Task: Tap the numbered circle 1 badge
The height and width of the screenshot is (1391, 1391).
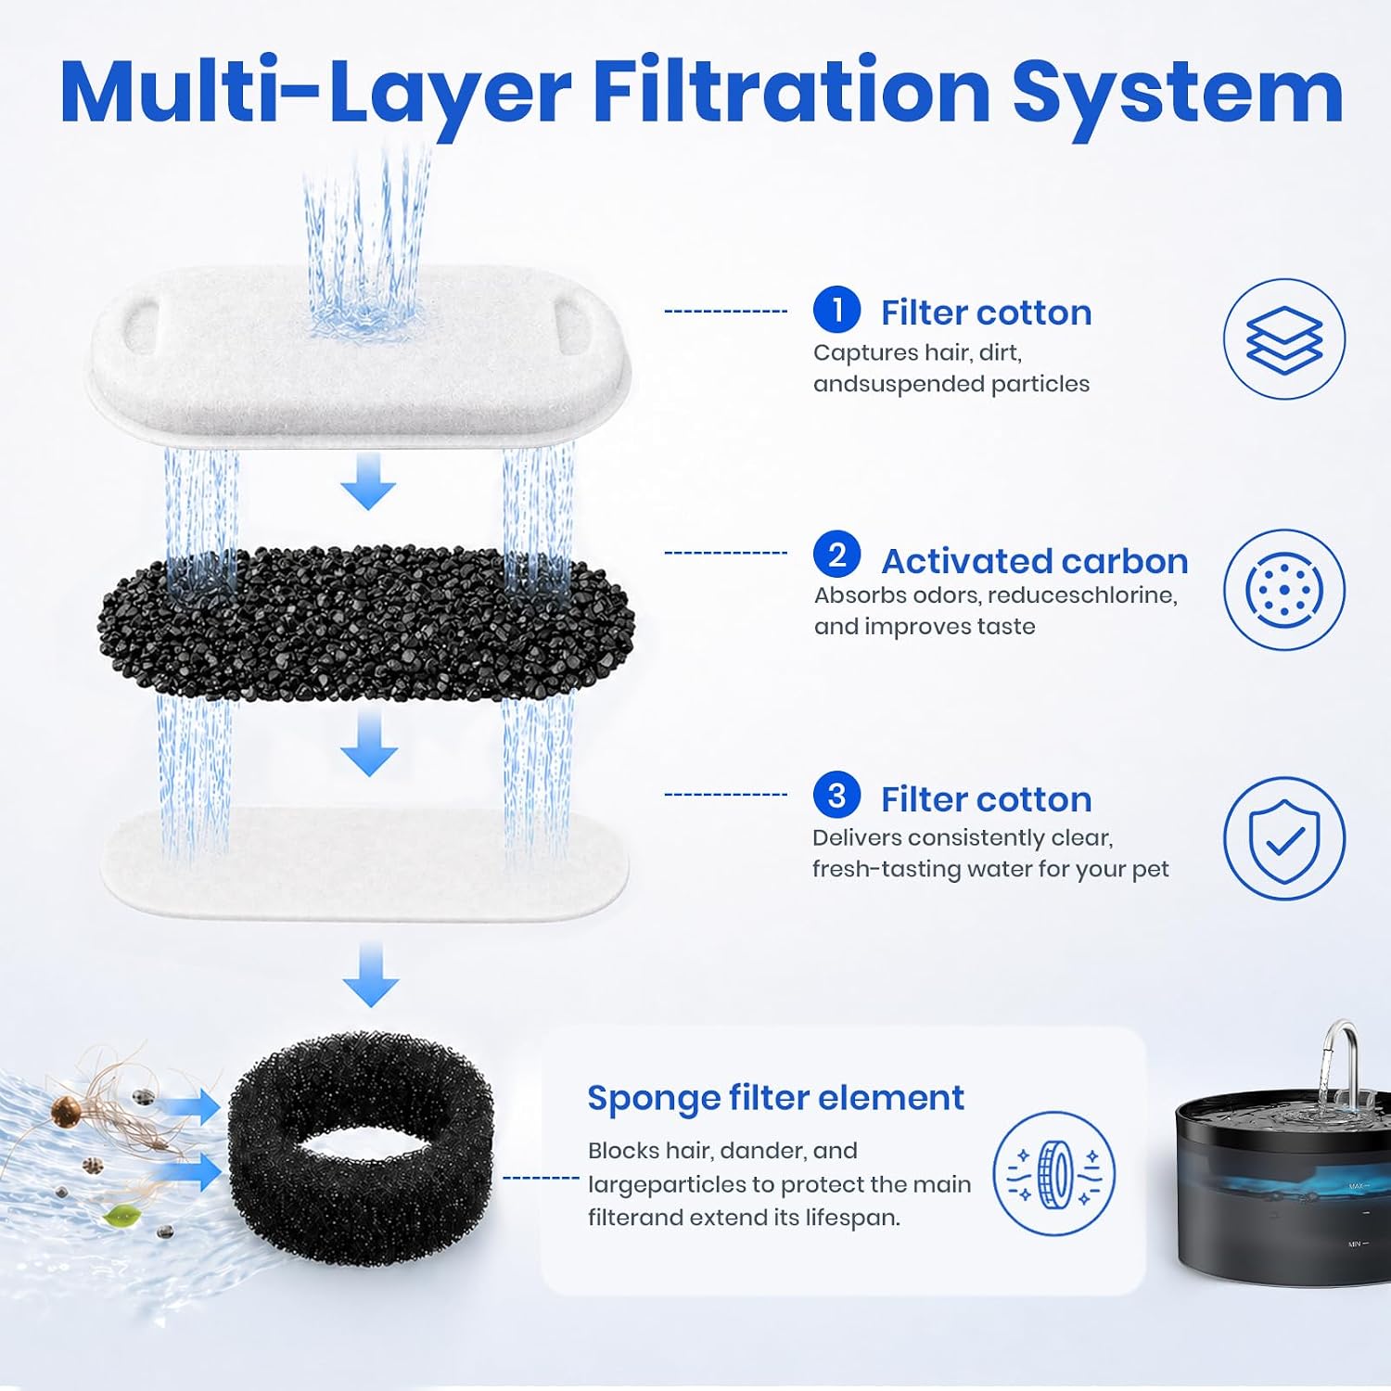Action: [836, 309]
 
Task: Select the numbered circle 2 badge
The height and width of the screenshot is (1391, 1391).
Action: [836, 554]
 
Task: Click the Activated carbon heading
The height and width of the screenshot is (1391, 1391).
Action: [1034, 561]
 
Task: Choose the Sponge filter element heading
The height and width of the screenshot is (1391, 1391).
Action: [776, 1098]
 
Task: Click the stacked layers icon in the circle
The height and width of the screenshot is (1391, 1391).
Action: [1284, 340]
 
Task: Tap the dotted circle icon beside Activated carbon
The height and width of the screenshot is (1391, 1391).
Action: [1284, 589]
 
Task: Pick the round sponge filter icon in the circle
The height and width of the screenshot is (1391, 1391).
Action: [1054, 1174]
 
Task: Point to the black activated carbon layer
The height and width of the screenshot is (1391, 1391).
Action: [366, 623]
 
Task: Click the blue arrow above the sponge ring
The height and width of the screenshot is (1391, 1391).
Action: [371, 974]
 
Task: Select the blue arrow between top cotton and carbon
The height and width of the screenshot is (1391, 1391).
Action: [369, 481]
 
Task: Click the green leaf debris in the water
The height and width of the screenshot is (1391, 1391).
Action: [117, 1215]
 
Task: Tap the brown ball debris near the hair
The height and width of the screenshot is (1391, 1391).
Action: [65, 1110]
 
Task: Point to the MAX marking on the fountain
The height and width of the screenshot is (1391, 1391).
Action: [1358, 1186]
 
